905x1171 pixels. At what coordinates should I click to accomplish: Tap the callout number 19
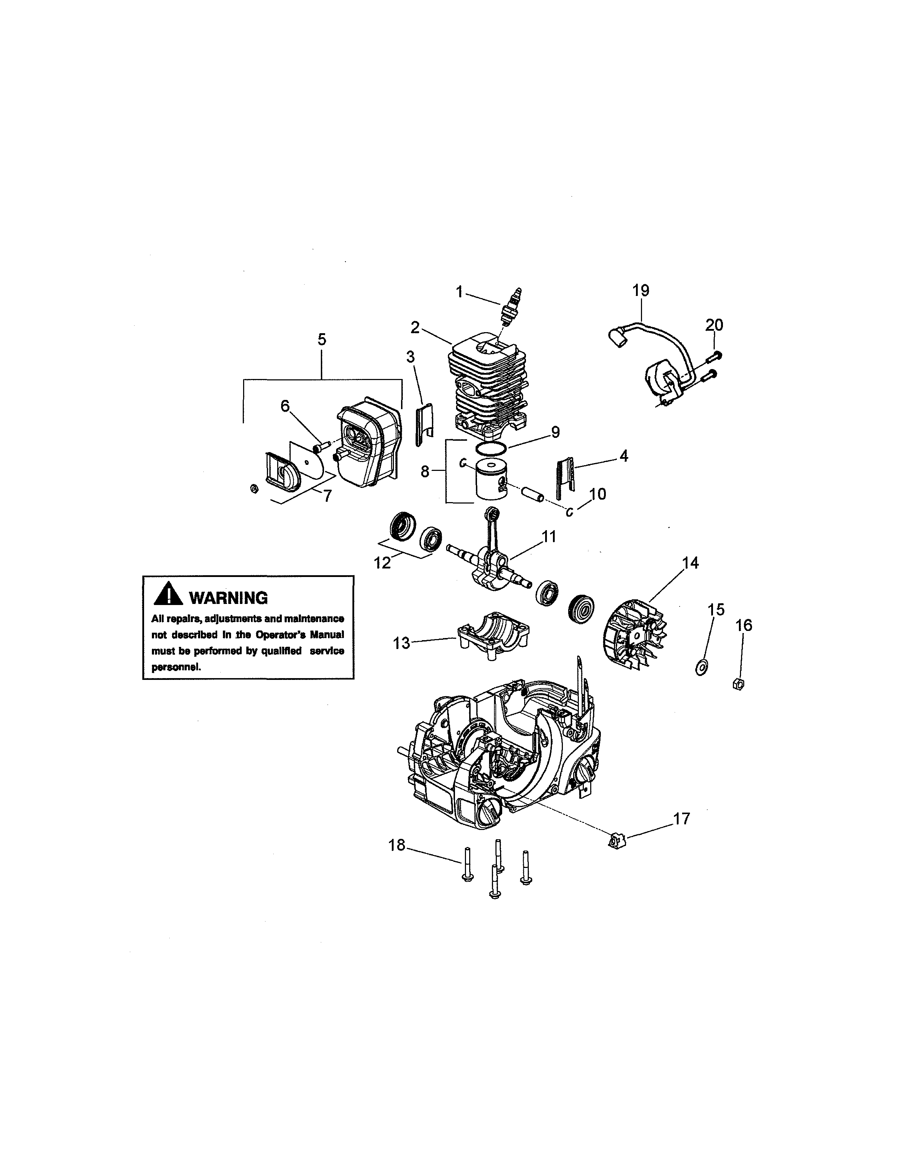point(641,291)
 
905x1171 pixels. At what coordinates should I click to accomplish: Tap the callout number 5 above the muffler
point(322,339)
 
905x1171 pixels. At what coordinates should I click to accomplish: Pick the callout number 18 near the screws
point(397,846)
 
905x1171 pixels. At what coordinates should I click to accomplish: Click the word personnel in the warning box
point(176,667)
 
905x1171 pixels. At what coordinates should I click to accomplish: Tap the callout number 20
point(714,325)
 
